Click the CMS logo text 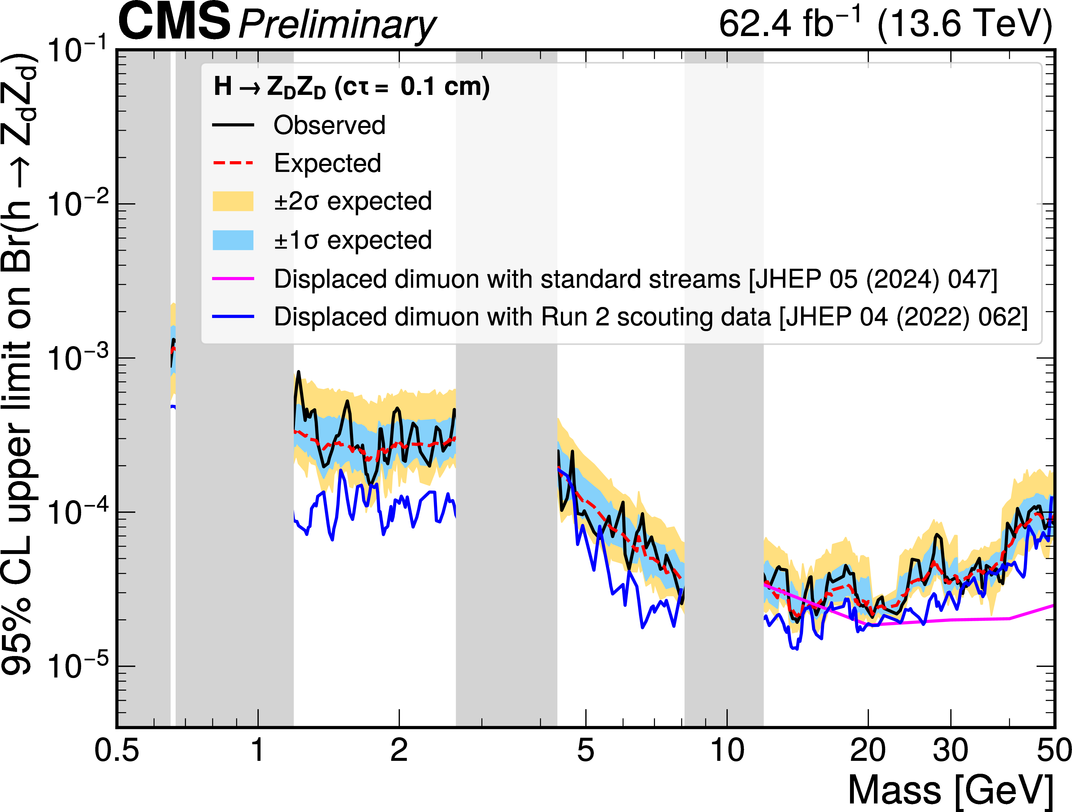[x=174, y=22]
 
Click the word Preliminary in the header [x=337, y=25]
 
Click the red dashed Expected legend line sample [x=233, y=163]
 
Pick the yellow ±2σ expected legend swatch [x=233, y=201]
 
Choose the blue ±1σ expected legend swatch [x=233, y=240]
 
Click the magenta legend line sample [x=233, y=279]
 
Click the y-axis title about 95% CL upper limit [x=18, y=363]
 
